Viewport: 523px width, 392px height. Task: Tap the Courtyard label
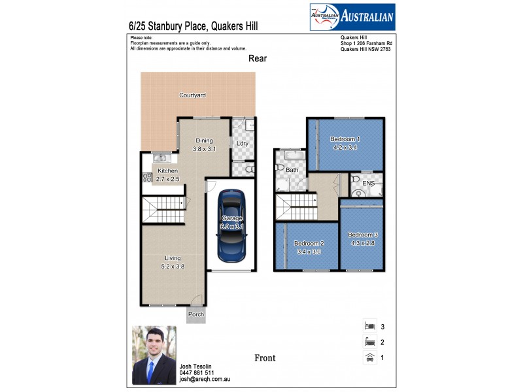click(x=192, y=95)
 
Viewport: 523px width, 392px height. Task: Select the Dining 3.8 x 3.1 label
click(x=204, y=145)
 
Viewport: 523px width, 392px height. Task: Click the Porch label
click(x=195, y=314)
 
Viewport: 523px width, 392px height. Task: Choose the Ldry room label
click(x=243, y=143)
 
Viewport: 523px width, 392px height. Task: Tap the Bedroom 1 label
click(x=345, y=143)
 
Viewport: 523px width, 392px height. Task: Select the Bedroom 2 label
click(x=309, y=247)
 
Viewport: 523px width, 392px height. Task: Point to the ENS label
click(x=369, y=184)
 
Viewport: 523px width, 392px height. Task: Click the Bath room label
click(x=292, y=170)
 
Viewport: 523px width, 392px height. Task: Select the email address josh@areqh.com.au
click(x=204, y=379)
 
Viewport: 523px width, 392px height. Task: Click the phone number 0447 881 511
click(x=196, y=372)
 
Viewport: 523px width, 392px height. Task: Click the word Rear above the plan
click(x=258, y=58)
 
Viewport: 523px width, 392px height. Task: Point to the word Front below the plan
click(x=265, y=357)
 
